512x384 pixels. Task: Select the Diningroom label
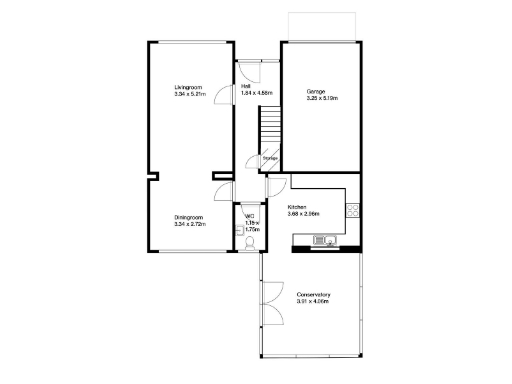(x=189, y=218)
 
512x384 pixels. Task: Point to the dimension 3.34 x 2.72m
(x=189, y=225)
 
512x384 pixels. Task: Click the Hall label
(x=246, y=86)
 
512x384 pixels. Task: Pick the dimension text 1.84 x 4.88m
(x=257, y=93)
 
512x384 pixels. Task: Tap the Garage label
(x=316, y=92)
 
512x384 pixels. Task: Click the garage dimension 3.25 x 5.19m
(x=322, y=99)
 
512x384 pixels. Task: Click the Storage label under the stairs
(x=270, y=158)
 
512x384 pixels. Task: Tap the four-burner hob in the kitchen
(x=351, y=210)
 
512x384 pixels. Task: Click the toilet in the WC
(x=250, y=241)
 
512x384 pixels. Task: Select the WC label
(x=250, y=216)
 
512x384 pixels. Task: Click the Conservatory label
(x=313, y=294)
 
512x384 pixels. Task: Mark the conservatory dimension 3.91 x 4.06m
(x=313, y=301)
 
